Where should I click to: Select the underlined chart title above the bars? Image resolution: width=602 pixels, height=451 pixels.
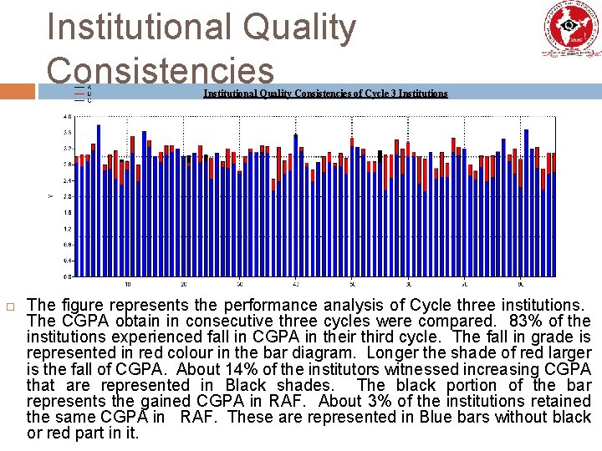click(325, 93)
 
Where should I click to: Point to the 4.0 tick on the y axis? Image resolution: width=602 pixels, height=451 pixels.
click(67, 116)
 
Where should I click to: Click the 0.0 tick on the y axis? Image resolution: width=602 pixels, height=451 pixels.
click(67, 276)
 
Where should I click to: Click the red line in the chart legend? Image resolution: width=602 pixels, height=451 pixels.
click(79, 94)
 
